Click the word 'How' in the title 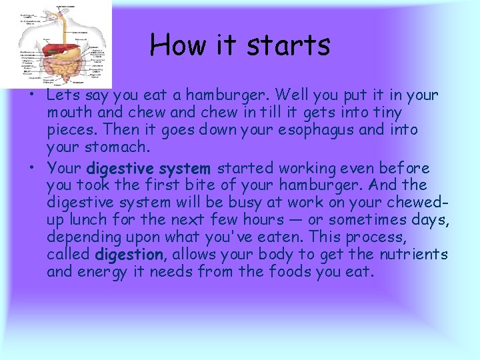point(171,45)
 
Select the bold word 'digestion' point(129,255)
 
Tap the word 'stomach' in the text point(113,147)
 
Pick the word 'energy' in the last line point(106,272)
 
